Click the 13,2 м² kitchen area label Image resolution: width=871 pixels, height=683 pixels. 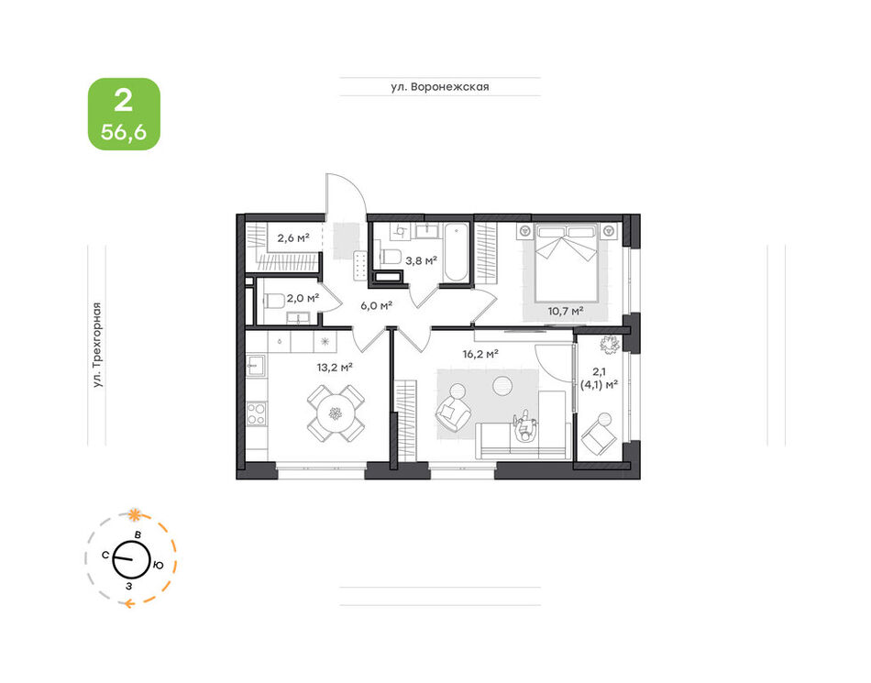point(335,367)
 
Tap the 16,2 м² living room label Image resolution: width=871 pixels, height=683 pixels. point(480,354)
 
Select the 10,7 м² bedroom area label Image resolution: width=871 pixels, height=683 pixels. point(566,311)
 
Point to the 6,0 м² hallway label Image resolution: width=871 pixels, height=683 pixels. point(376,305)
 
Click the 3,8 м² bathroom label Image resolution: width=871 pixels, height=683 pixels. point(421,259)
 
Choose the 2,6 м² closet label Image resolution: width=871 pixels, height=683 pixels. point(293,238)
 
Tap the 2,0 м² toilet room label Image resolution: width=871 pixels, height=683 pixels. point(303,298)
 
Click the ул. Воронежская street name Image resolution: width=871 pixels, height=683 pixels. point(440,86)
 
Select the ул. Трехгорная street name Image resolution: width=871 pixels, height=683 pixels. point(97,345)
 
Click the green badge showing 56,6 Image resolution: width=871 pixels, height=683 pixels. point(124,114)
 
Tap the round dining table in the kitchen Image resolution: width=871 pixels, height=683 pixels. point(336,413)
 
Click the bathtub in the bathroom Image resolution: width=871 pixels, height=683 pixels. point(457,252)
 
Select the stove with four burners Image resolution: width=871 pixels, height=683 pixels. point(256,413)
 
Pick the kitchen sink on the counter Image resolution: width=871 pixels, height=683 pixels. point(256,365)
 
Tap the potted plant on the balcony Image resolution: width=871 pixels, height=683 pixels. point(610,345)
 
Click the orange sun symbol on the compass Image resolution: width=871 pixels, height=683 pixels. point(133,514)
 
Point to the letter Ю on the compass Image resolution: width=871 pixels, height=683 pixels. point(159,566)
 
